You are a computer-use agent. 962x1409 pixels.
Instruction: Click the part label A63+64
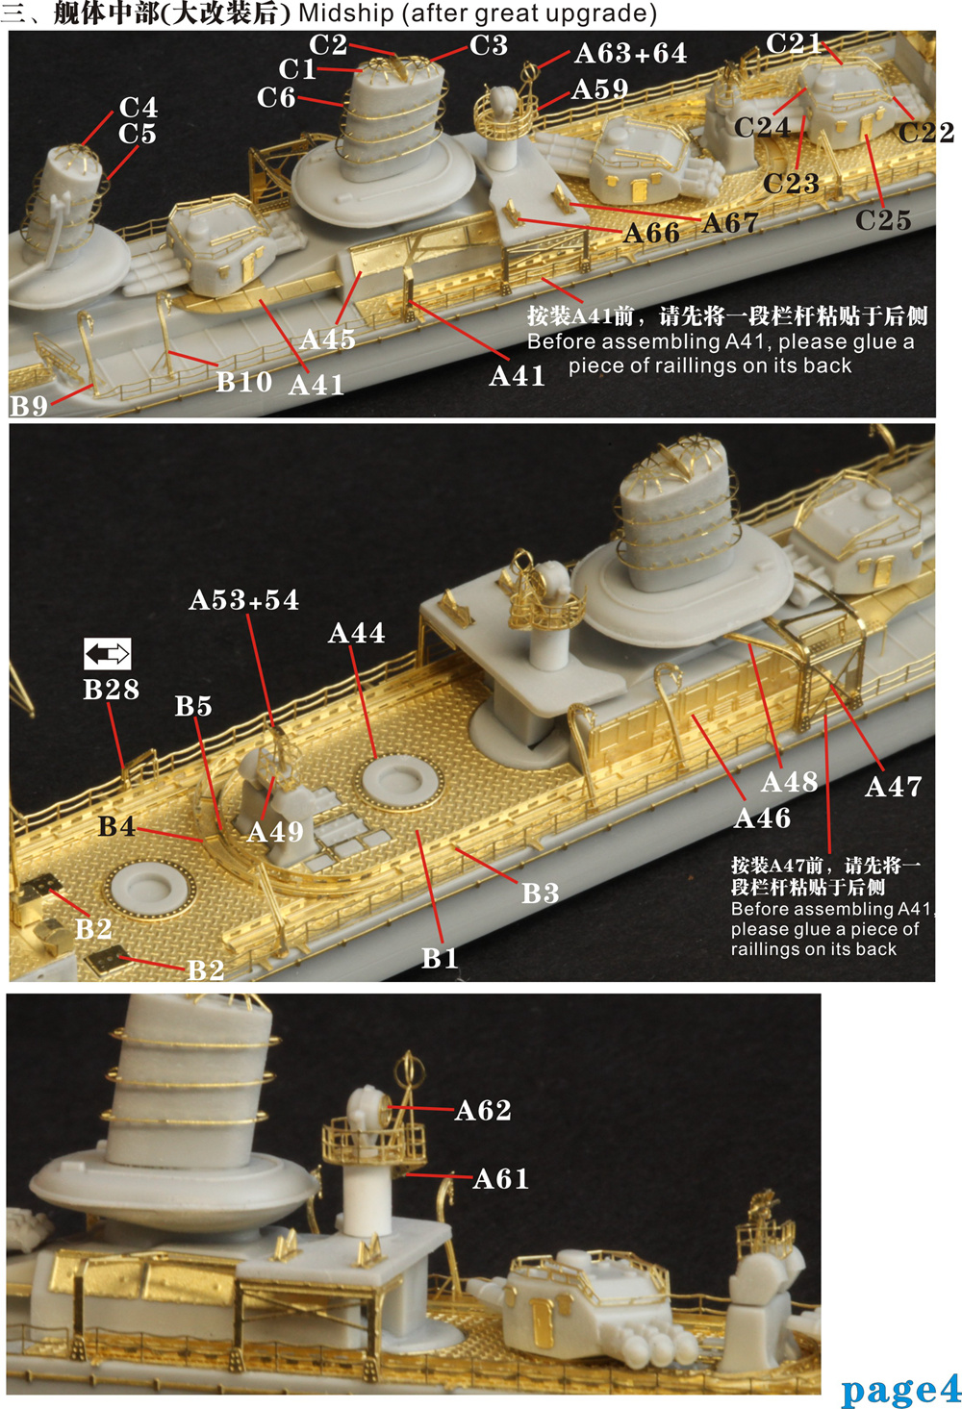click(630, 54)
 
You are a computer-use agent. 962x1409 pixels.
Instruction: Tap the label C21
click(794, 43)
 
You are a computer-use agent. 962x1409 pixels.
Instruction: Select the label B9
click(29, 406)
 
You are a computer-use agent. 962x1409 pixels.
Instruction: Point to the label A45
click(327, 340)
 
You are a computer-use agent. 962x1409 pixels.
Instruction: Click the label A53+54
click(244, 600)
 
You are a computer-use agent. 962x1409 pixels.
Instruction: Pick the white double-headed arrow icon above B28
click(107, 654)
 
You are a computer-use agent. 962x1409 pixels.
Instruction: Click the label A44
click(356, 633)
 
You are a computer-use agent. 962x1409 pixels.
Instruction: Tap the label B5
click(193, 706)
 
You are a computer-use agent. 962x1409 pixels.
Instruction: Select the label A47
click(894, 787)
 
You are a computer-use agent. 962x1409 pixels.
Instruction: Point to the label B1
click(440, 958)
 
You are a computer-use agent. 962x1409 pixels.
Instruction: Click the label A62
click(483, 1111)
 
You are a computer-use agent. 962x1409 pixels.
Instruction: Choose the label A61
click(501, 1178)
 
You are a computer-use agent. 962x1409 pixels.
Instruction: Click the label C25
click(883, 220)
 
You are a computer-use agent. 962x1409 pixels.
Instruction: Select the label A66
click(651, 233)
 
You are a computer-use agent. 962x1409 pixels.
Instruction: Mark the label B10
click(243, 382)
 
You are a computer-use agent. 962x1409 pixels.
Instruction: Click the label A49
click(275, 831)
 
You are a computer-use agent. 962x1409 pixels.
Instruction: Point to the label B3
click(540, 893)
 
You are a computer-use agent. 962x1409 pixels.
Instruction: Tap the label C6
click(276, 97)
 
